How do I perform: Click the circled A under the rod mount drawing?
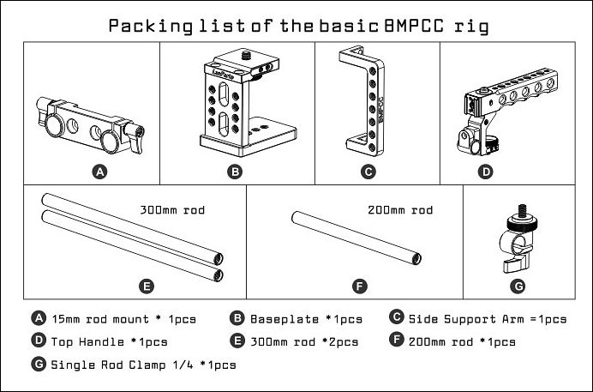tap(99, 172)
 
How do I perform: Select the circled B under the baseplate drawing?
tap(235, 172)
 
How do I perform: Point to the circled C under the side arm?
tap(368, 172)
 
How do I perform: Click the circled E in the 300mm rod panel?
tap(147, 284)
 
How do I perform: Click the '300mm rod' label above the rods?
tap(172, 208)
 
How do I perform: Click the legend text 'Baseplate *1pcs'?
tap(305, 319)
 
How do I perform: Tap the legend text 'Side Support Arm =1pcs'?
tap(487, 319)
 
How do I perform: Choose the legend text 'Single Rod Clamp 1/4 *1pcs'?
tap(143, 364)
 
